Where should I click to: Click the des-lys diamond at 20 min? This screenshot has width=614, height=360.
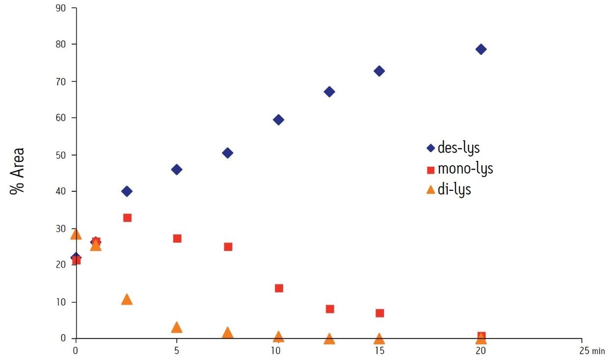(481, 49)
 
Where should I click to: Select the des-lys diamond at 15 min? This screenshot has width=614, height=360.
(379, 71)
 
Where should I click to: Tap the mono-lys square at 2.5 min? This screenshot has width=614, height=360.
(127, 218)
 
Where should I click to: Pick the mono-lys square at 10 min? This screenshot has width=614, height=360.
(279, 288)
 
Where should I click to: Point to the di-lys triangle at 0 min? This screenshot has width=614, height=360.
(76, 234)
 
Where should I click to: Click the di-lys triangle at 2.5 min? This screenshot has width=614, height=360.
(127, 299)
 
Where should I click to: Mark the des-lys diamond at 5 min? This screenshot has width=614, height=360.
(177, 170)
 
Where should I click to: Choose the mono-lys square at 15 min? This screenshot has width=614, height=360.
(380, 313)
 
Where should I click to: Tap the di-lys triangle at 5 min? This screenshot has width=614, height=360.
(177, 327)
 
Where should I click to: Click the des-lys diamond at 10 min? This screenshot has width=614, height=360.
(279, 120)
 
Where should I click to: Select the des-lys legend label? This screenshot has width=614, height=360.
(459, 147)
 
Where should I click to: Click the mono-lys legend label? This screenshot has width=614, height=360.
(465, 169)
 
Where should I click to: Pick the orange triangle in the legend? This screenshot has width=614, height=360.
(431, 189)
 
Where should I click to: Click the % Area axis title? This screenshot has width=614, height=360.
(17, 171)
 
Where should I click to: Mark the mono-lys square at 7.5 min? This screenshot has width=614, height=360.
(228, 247)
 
